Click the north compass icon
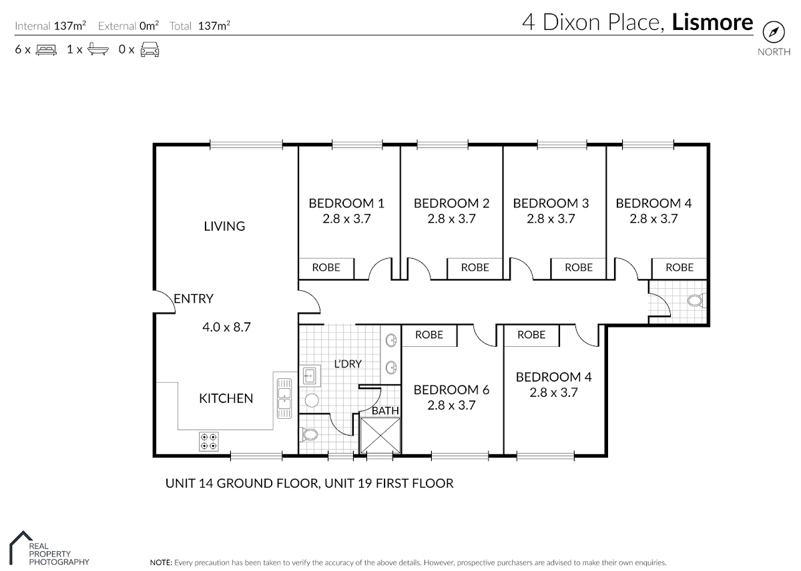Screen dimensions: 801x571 (x=774, y=32)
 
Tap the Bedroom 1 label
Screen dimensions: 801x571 (x=346, y=203)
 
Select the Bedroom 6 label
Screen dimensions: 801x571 (x=451, y=390)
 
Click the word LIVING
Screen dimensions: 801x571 (x=224, y=226)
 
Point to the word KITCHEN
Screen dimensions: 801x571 (x=226, y=398)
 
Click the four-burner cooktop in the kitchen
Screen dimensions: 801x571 (x=209, y=442)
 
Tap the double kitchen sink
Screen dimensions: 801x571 (x=284, y=398)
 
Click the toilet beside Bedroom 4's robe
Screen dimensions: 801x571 (x=696, y=300)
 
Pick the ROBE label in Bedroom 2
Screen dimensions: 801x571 (x=475, y=267)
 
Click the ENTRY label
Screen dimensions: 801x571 (x=194, y=298)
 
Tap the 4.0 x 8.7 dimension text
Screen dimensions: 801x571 (x=227, y=327)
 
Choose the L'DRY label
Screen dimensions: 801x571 (x=348, y=364)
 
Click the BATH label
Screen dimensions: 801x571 (x=385, y=411)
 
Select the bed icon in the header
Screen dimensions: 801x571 (x=46, y=49)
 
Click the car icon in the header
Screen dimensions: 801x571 (x=150, y=49)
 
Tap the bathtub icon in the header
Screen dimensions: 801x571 (x=98, y=49)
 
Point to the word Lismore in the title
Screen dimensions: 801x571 (x=712, y=22)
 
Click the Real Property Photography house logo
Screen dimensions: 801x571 (x=21, y=548)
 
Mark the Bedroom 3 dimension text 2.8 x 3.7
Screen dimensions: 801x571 (x=551, y=219)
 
